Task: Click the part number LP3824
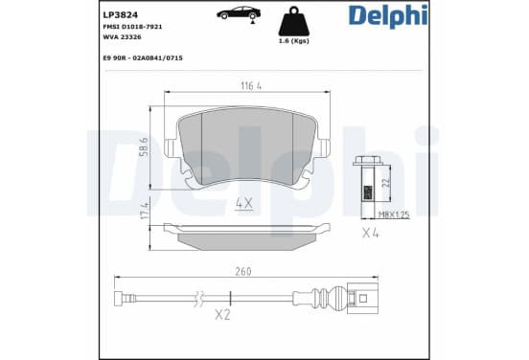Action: pos(120,14)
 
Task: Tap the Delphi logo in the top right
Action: pos(388,16)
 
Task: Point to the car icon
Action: pos(239,12)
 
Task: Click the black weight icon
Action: pos(293,21)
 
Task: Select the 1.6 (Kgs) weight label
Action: pos(293,41)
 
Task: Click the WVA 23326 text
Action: pos(122,37)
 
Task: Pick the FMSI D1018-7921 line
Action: pos(132,27)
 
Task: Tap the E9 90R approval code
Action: pos(143,58)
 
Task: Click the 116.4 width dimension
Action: pos(251,86)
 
